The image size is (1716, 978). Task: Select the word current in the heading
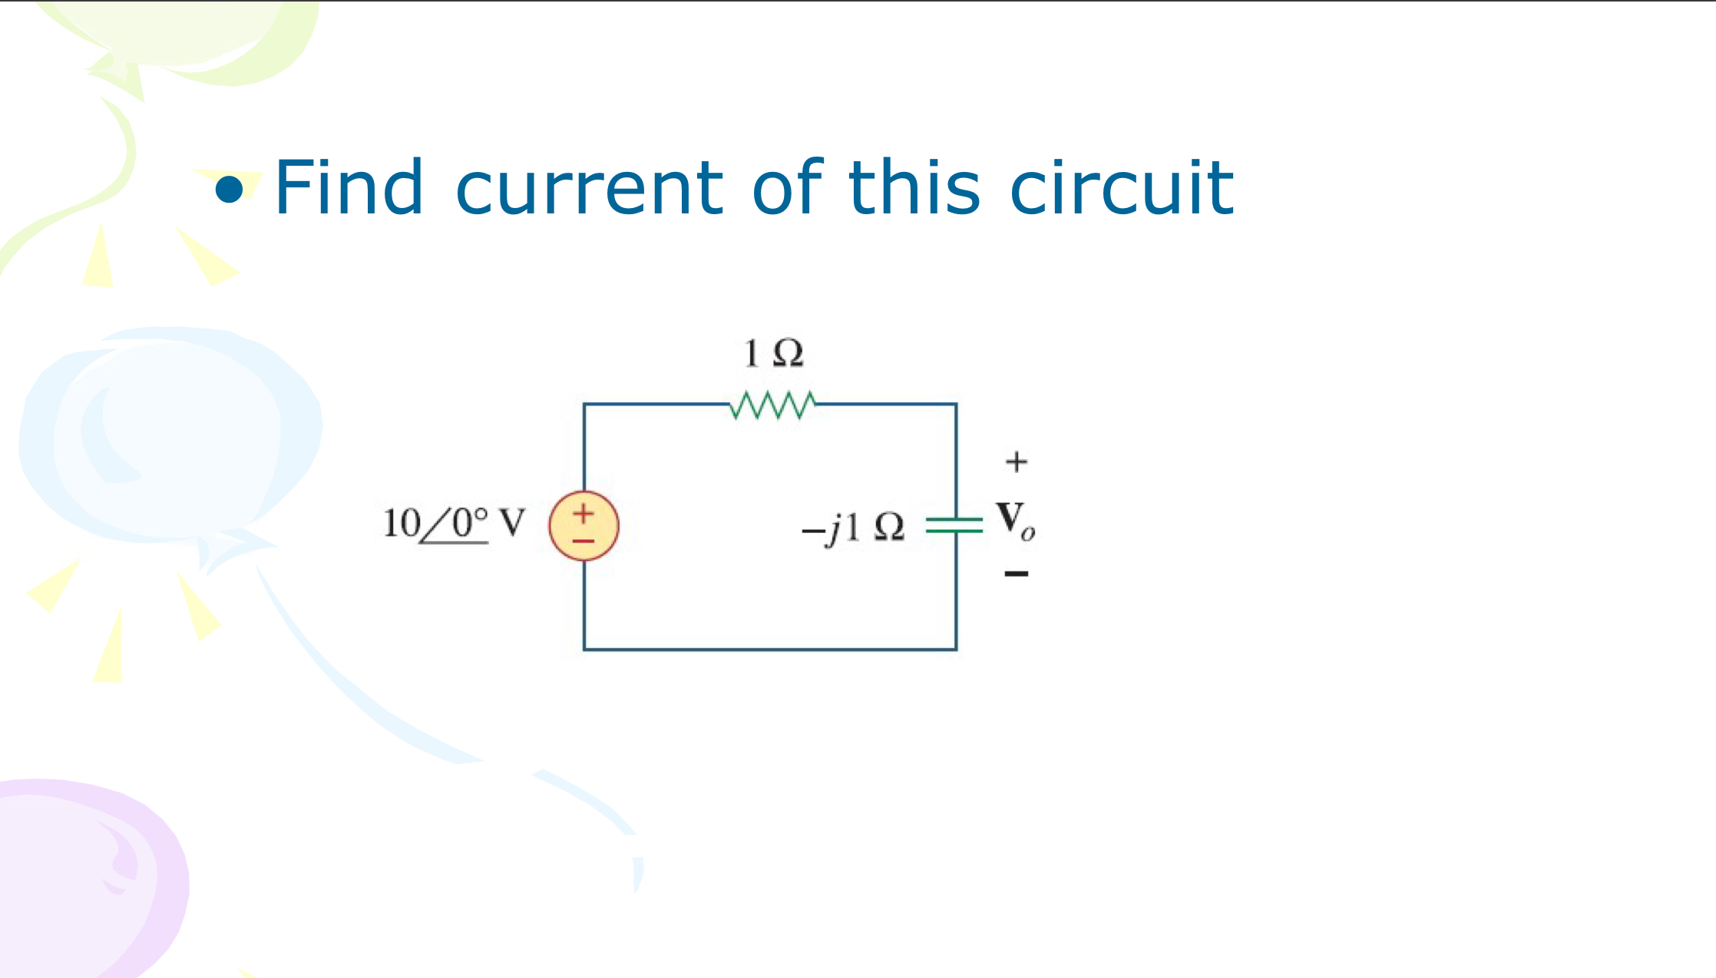(589, 188)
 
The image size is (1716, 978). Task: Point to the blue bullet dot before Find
(229, 190)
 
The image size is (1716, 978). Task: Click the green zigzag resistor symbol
(772, 405)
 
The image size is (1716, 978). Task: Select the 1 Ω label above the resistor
(773, 353)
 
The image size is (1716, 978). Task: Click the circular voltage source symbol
(584, 526)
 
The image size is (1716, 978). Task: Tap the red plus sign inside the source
(584, 513)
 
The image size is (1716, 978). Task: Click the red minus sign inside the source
(584, 541)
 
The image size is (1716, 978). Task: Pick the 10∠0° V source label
(454, 524)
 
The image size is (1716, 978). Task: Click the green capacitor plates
(954, 525)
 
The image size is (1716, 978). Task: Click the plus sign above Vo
(1016, 461)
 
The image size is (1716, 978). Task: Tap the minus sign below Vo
(1016, 573)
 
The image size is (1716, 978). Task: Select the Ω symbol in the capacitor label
(889, 527)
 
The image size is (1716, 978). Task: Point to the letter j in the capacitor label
(833, 529)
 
